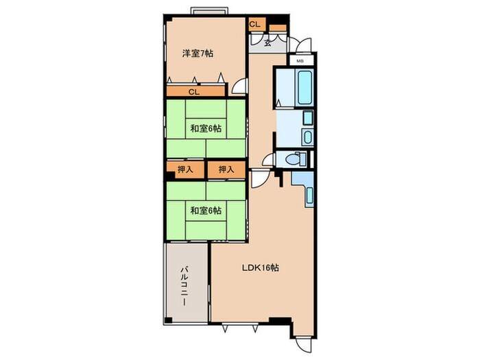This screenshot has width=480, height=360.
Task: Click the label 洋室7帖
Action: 197,53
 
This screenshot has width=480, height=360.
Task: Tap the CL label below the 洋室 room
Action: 194,91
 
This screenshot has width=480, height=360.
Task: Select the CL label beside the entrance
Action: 254,25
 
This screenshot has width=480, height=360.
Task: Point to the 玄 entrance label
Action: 267,42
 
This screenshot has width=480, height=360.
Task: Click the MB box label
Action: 300,61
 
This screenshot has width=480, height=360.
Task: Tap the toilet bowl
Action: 292,159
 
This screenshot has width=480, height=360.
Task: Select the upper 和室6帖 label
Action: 205,128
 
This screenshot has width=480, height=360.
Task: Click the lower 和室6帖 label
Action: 205,210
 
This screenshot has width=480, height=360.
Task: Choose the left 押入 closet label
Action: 186,169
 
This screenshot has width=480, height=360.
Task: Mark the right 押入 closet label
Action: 226,169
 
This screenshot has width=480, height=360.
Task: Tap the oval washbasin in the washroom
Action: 307,137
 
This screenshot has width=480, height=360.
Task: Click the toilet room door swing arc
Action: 268,160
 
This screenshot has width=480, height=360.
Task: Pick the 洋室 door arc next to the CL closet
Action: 239,86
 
